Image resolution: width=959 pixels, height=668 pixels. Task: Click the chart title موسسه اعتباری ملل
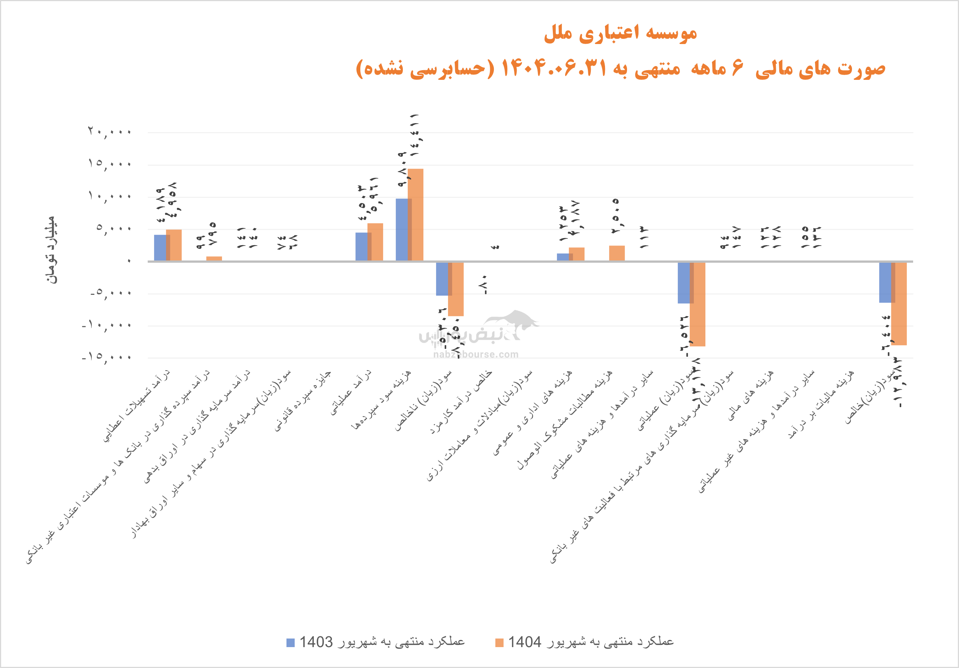[620, 33]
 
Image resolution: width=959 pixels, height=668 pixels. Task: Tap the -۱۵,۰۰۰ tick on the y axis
[107, 357]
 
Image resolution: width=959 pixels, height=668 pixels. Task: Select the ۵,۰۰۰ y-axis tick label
[114, 228]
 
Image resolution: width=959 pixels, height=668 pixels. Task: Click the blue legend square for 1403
[290, 643]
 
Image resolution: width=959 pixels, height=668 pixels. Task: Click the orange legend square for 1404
[499, 643]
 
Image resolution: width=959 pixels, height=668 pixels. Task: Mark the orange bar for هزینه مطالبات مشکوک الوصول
[617, 253]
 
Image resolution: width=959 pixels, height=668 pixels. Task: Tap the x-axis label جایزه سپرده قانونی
[303, 400]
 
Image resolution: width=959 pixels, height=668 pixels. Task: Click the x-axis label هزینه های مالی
[750, 395]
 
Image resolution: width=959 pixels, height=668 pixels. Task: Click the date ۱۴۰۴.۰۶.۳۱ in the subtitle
[554, 68]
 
